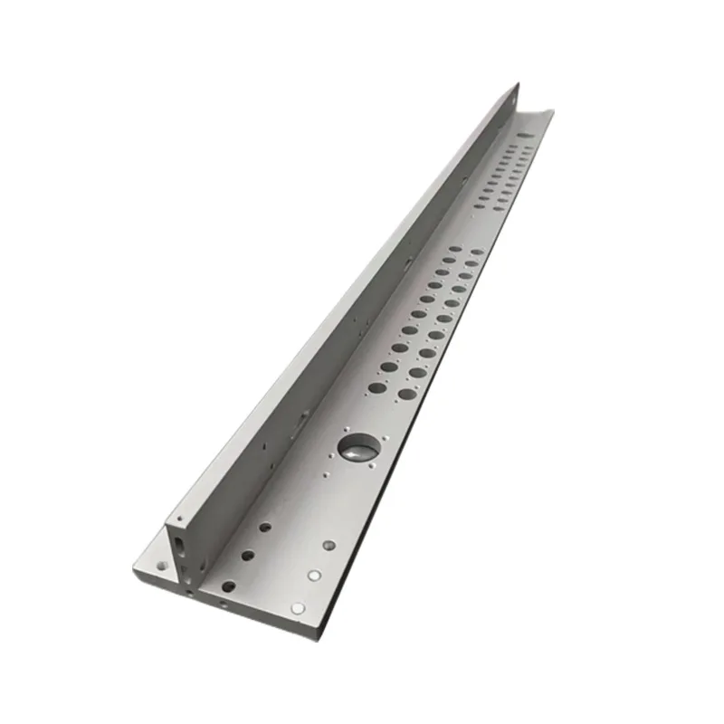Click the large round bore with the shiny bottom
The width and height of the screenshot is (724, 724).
tap(357, 444)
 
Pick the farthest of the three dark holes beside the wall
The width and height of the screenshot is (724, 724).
tap(265, 526)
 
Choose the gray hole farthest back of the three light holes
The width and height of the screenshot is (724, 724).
tap(329, 546)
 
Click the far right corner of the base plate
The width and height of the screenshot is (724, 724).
tap(552, 112)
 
